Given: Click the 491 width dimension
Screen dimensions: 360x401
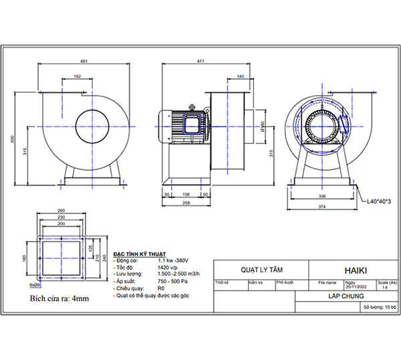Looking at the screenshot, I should [84, 61].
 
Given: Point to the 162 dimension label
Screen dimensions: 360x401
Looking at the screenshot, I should [78, 77].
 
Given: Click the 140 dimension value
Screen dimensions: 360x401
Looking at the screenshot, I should [240, 77].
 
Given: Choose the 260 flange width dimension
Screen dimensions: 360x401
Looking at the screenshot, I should [61, 209].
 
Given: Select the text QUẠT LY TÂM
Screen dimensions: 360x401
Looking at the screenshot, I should [260, 270].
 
